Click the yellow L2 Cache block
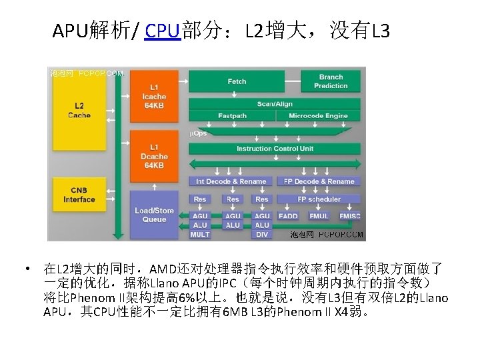click(79, 110)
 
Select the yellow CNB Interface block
click(79, 195)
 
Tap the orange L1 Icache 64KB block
click(154, 97)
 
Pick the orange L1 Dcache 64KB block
click(153, 155)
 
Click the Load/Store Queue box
click(154, 214)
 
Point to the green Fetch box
click(237, 81)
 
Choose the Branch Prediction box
click(331, 81)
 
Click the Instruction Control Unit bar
click(275, 149)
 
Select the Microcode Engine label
click(318, 116)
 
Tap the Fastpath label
click(232, 116)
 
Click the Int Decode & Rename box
click(231, 181)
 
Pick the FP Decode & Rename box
click(319, 181)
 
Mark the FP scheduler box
click(319, 199)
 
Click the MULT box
click(200, 234)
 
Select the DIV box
click(262, 234)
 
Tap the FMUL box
click(319, 216)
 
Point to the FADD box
click(289, 216)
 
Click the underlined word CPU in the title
click(163, 31)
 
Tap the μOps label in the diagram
click(199, 133)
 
